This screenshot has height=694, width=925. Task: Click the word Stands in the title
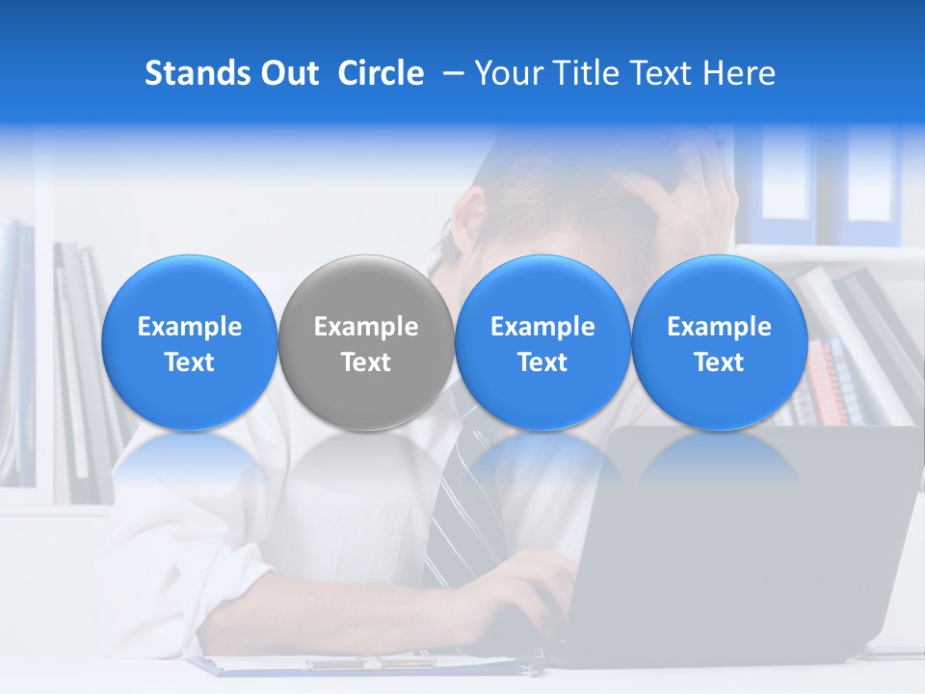189,73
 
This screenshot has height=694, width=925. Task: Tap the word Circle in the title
381,73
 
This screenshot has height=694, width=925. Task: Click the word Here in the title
739,73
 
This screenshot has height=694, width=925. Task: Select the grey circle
366,342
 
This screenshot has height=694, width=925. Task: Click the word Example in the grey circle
366,327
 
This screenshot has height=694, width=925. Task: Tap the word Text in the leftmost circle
190,362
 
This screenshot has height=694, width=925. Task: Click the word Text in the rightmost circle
720,362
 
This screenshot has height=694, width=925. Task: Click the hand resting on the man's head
674,193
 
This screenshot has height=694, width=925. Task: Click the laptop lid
752,540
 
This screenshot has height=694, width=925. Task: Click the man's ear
469,217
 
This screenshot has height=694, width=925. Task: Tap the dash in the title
449,73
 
